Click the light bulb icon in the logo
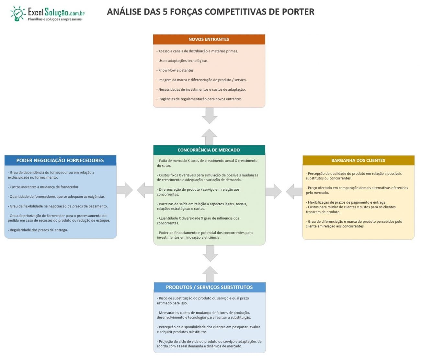pyautogui.click(x=18, y=14)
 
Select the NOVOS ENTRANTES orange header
pyautogui.click(x=209, y=39)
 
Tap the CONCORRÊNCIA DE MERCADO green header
pyautogui.click(x=209, y=150)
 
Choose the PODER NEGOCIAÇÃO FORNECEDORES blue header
pyautogui.click(x=60, y=160)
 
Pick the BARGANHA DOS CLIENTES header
pyautogui.click(x=358, y=160)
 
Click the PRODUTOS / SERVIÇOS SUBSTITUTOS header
pyautogui.click(x=210, y=287)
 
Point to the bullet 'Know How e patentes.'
pyautogui.click(x=176, y=70)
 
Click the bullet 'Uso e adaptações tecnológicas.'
pyautogui.click(x=182, y=61)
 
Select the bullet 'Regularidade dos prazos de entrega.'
pyautogui.click(x=38, y=230)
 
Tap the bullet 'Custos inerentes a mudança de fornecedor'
pyautogui.click(x=43, y=187)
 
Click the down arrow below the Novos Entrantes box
pyautogui.click(x=210, y=116)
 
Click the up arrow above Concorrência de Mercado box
pyautogui.click(x=209, y=137)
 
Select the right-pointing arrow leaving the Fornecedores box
pyautogui.click(x=125, y=190)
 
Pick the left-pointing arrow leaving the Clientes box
pyautogui.click(x=294, y=192)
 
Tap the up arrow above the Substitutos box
pyautogui.click(x=210, y=274)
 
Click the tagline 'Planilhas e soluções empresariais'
pyautogui.click(x=55, y=19)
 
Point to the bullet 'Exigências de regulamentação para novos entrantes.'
pyautogui.click(x=199, y=99)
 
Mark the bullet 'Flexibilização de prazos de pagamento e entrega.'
pyautogui.click(x=346, y=202)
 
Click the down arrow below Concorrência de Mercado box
pyautogui.click(x=210, y=253)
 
